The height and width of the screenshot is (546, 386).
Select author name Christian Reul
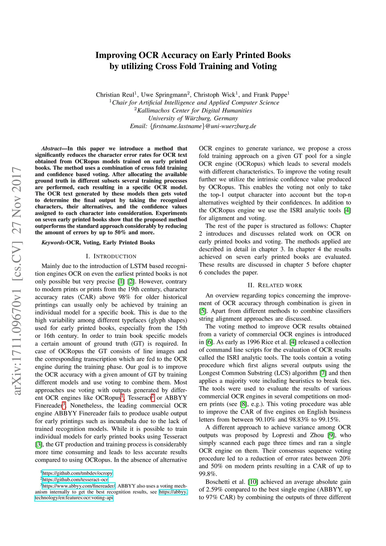115,95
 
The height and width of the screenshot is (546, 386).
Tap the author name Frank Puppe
270,95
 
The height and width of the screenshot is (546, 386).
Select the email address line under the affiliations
193,126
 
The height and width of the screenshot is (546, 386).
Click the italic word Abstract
51,149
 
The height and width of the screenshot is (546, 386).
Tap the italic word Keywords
53,242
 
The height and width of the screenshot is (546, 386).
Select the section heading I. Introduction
111,256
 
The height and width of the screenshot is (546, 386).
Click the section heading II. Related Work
275,285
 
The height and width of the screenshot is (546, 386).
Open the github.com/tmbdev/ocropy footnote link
77,473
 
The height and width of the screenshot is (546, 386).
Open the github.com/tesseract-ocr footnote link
75,480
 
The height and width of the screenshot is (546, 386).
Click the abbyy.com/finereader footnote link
79,486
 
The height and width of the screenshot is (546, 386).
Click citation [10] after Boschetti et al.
253,482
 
